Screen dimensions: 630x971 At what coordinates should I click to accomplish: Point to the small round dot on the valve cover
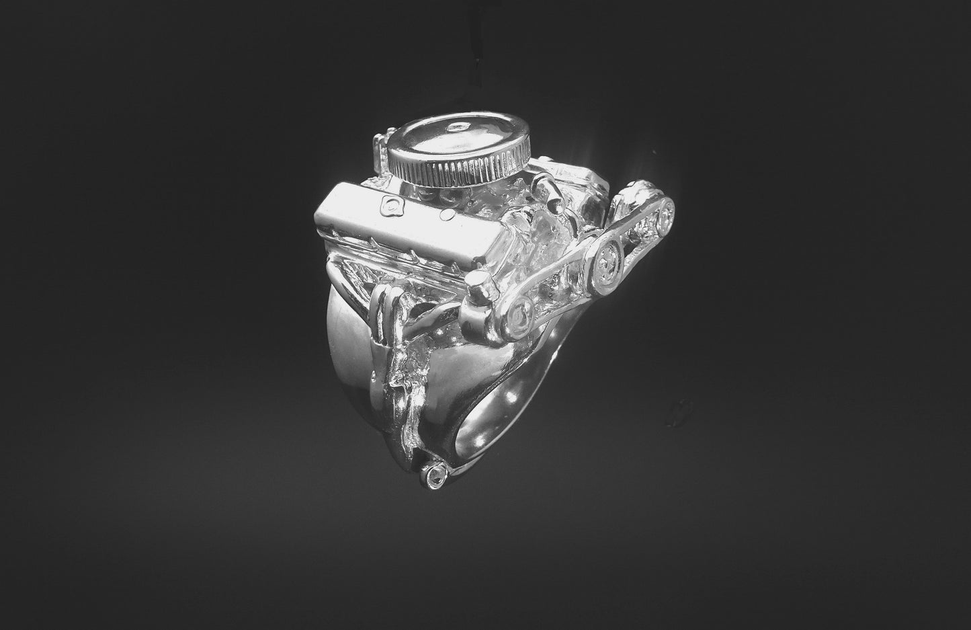click(444, 216)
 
